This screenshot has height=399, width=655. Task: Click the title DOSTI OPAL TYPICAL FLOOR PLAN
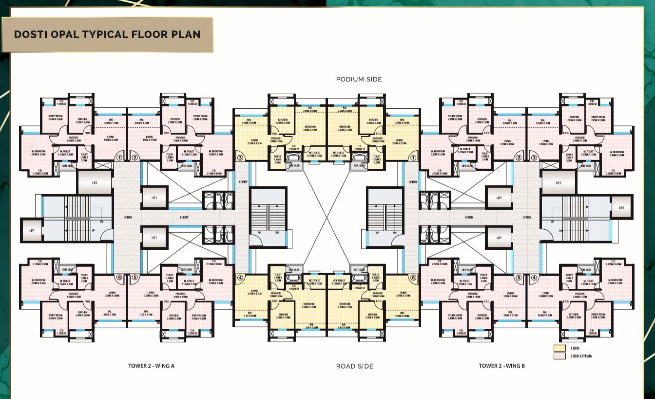point(107,35)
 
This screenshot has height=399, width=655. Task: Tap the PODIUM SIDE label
point(359,79)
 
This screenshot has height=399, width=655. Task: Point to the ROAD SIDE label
point(354,366)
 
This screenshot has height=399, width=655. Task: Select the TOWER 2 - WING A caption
point(151,365)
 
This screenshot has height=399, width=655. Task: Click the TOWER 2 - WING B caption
point(501,365)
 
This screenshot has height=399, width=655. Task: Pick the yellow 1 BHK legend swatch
point(559,348)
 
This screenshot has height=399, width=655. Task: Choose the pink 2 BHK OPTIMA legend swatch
point(559,356)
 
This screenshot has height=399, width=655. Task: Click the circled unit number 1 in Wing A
point(119,158)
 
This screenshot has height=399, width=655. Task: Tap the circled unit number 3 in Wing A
point(240,158)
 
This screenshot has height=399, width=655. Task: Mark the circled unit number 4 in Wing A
point(240,278)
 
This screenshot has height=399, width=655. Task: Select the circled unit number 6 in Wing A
point(119,278)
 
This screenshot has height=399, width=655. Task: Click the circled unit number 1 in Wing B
point(413,158)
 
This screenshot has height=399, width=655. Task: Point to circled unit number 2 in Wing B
point(519,158)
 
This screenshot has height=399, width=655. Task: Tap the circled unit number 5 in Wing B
point(519,278)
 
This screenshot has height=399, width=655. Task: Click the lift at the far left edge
point(32,230)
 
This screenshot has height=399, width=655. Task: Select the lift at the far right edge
point(621,207)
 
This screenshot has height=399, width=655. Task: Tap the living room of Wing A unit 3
point(251,141)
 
